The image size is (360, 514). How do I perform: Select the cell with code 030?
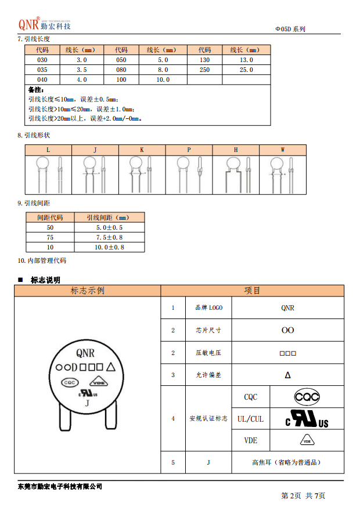(42, 60)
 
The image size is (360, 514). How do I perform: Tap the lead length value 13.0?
(246, 60)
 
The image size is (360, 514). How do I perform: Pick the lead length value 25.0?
(246, 70)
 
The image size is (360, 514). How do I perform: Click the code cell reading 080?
(121, 70)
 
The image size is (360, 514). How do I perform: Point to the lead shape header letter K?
(142, 150)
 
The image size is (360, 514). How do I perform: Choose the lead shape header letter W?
(283, 150)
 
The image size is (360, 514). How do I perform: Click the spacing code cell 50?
(50, 227)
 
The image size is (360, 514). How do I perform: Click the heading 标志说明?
(45, 280)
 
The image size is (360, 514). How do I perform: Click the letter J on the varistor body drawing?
(87, 402)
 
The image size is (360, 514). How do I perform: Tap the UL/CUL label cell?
(250, 419)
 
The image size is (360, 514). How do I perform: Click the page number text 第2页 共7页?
(303, 495)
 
